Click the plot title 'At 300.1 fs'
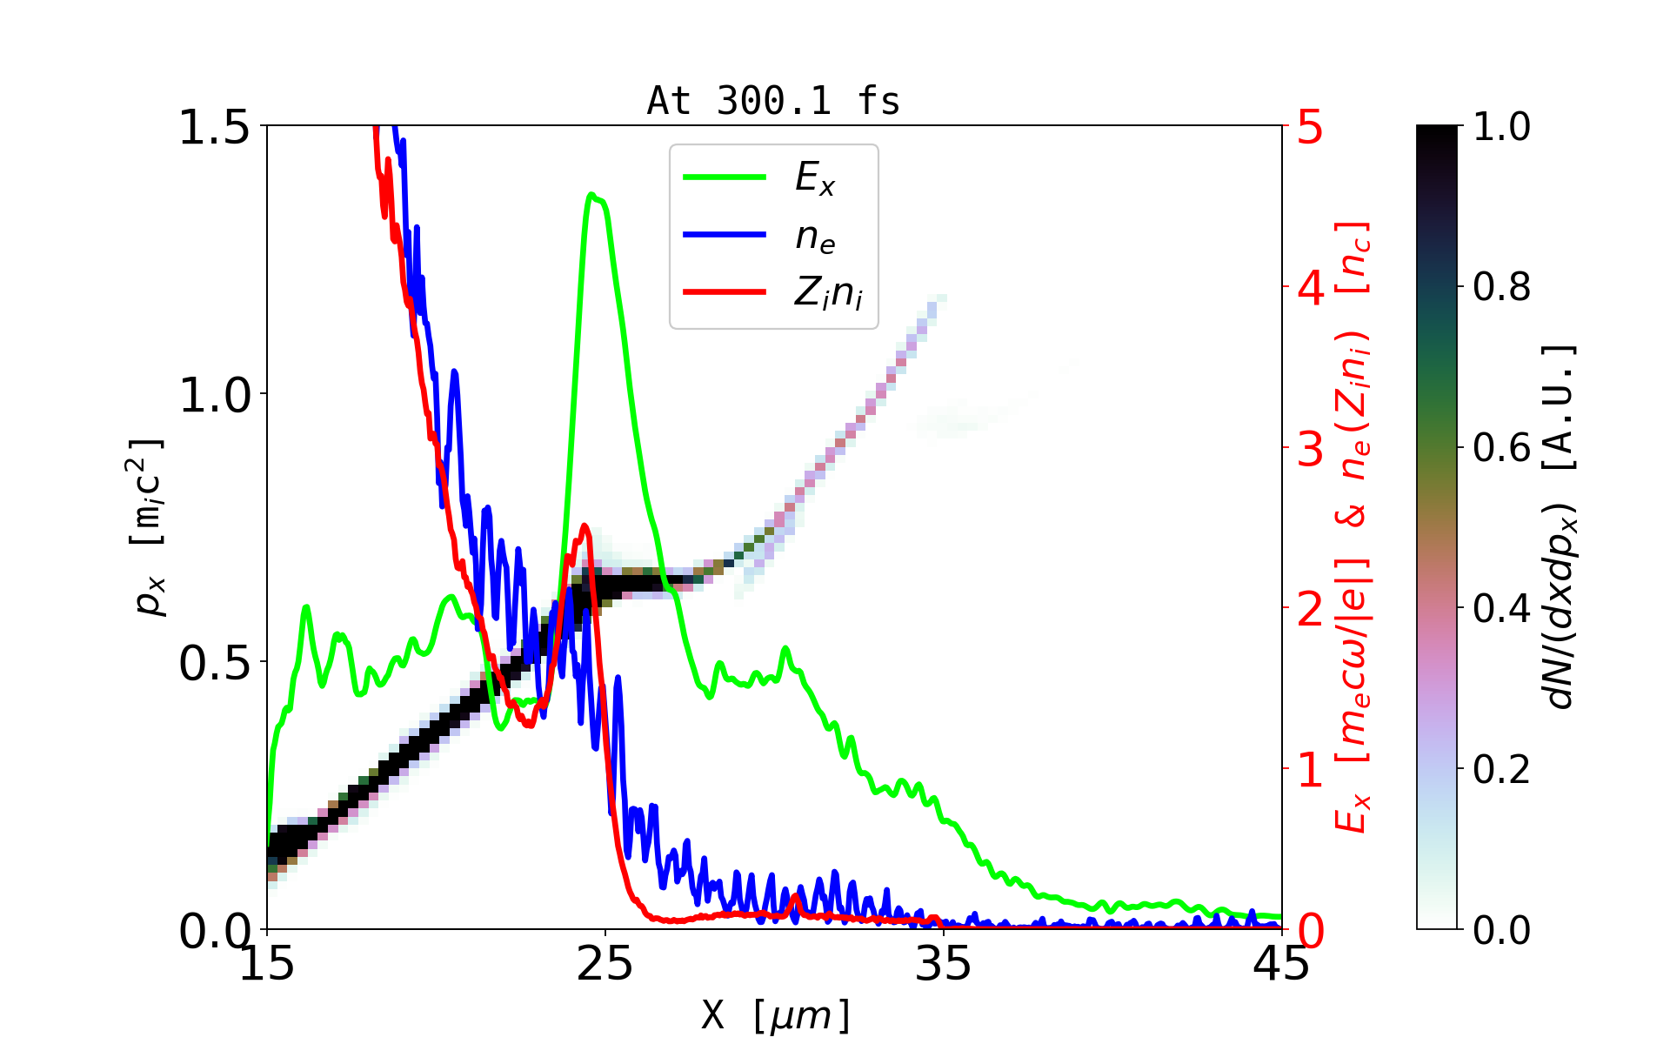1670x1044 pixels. [x=773, y=101]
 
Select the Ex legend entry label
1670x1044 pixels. [x=815, y=178]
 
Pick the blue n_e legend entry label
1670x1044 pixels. [x=815, y=237]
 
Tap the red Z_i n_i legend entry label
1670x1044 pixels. [x=828, y=293]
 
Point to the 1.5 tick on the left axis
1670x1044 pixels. [x=214, y=127]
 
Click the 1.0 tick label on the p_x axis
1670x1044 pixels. [x=214, y=395]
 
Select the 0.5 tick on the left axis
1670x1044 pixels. [x=214, y=663]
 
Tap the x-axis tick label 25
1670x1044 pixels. [x=605, y=964]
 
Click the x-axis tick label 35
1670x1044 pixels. [x=944, y=964]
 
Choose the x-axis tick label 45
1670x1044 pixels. [x=1280, y=964]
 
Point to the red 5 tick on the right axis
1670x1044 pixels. [x=1310, y=127]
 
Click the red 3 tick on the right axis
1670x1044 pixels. [x=1310, y=449]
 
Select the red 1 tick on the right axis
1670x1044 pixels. [x=1310, y=770]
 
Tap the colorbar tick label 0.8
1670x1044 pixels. [x=1501, y=287]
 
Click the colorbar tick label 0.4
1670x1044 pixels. [x=1501, y=609]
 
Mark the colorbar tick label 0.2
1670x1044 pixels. [x=1501, y=770]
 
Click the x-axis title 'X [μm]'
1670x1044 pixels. [x=776, y=1014]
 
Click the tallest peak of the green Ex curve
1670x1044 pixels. [x=591, y=195]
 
